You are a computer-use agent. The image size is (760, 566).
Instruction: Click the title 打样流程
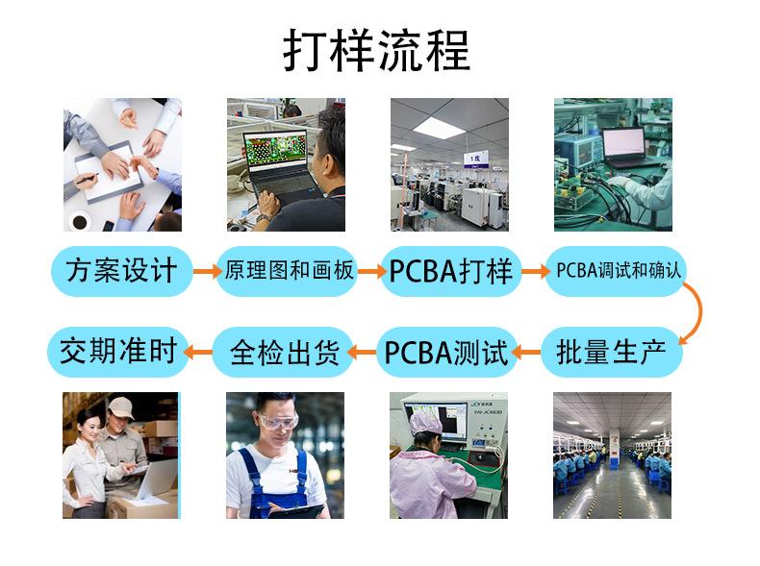pos(376,50)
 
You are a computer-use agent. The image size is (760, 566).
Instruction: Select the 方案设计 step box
pos(121,271)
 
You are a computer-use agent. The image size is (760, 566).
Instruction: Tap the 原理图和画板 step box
pos(287,271)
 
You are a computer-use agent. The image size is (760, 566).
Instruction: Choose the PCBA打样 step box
pos(451,271)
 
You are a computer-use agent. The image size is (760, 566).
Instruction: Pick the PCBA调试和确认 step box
pos(616,271)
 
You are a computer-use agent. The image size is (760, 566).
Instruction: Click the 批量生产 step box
pos(612,352)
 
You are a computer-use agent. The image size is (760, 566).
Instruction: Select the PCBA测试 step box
pos(447,352)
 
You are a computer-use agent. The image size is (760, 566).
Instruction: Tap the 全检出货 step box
pos(283,352)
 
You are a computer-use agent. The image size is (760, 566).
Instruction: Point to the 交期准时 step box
pos(117,352)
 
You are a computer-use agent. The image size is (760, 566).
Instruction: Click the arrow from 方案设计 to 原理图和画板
pos(207,271)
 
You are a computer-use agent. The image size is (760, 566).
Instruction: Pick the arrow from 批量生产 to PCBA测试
pos(527,352)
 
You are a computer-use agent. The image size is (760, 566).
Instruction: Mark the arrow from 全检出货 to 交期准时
pos(198,352)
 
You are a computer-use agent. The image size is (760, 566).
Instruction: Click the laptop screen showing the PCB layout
pos(276,150)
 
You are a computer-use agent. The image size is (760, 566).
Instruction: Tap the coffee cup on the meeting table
pos(80,221)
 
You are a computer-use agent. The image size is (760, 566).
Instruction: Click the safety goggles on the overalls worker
pos(278,420)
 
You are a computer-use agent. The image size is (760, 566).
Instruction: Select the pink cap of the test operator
pos(425,421)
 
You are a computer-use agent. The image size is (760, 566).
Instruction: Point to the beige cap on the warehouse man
pos(121,406)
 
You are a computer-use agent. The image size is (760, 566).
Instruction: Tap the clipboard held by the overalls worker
pos(295,510)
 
